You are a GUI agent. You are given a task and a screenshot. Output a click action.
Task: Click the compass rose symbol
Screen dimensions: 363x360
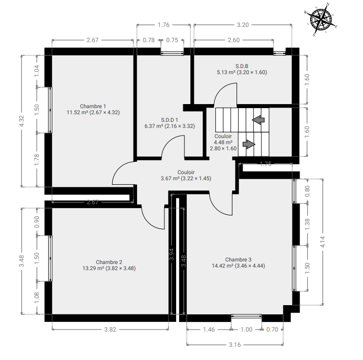pos(321,19)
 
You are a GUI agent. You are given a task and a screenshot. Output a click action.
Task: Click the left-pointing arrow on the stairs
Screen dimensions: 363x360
pos(258,120)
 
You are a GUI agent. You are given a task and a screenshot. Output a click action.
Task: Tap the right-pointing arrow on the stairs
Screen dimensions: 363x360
pos(249,144)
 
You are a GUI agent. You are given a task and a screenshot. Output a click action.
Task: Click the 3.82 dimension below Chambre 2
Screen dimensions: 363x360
pos(110,329)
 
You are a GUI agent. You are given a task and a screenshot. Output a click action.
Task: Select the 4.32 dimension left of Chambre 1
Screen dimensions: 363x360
pos(21,121)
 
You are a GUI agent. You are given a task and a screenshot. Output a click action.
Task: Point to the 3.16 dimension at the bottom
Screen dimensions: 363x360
pos(235,344)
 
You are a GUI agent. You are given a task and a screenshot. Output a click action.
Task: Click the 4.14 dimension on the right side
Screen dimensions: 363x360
pos(322,242)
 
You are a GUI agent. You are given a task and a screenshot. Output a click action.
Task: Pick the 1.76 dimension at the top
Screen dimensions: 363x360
pos(163,25)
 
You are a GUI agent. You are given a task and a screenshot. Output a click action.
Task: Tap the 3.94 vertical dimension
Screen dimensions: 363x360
pos(171,254)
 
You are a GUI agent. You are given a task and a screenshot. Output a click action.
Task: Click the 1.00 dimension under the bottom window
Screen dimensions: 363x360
pos(246,329)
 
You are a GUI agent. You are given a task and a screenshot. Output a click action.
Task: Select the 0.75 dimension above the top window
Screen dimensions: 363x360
pos(172,40)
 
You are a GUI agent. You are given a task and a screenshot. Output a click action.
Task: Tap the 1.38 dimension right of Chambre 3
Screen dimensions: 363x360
pos(307,224)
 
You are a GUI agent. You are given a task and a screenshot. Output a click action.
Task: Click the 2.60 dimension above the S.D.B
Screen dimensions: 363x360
pos(234,40)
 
